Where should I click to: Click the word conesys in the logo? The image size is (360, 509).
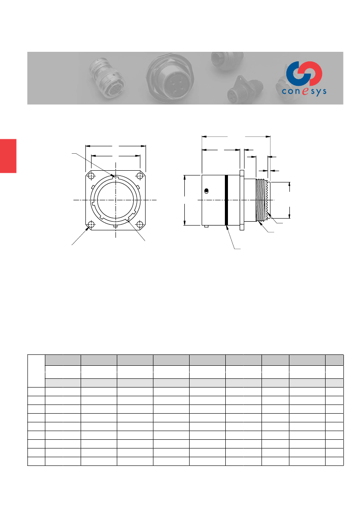click(304, 91)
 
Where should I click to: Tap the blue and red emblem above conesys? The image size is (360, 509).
click(305, 73)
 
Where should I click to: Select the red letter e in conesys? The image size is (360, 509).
click(305, 91)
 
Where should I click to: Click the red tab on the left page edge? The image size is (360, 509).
click(8, 156)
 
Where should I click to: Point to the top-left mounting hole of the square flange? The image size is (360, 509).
click(91, 176)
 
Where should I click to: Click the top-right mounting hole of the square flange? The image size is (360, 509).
click(140, 176)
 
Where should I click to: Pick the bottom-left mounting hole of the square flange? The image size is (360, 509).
click(91, 224)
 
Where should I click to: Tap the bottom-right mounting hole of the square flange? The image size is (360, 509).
click(140, 224)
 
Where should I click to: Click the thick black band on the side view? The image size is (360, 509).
click(227, 200)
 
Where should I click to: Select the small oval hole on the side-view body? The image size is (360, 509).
click(206, 191)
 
